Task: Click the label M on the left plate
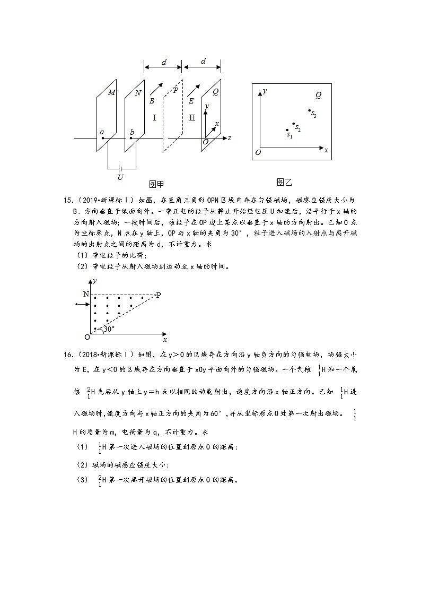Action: (111, 92)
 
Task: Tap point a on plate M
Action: (102, 138)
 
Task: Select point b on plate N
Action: (131, 138)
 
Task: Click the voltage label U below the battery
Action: (120, 177)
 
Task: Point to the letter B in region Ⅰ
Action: (152, 100)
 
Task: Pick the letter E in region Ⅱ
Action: (191, 100)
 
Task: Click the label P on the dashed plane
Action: (176, 90)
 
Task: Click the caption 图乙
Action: (284, 182)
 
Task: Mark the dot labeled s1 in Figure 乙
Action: (287, 130)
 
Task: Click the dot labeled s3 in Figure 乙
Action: (310, 111)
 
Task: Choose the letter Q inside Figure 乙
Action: (318, 96)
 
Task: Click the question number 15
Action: (67, 200)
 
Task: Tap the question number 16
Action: (67, 354)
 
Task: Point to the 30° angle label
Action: (109, 329)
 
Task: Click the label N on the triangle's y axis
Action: (86, 294)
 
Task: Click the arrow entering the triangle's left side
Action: (82, 305)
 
